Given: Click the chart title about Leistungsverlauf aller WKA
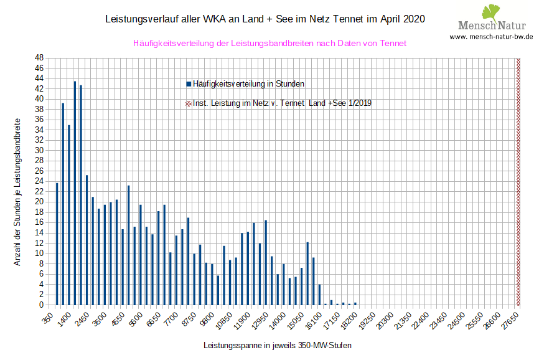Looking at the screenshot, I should coord(265,19).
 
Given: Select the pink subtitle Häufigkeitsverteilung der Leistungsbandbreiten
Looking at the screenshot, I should coord(269,44).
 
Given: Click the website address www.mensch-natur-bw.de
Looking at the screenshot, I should coord(491,37).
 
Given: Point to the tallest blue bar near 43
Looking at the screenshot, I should coord(75,193).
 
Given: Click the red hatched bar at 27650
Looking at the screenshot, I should coord(518,181).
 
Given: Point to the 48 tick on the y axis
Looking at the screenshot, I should coord(39,57).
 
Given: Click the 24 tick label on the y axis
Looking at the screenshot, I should coord(39,181).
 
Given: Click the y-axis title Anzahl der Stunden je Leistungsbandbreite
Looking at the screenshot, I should coord(18,192).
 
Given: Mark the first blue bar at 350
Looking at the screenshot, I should coord(57,244).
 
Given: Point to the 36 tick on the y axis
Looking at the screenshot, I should coord(39,120).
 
